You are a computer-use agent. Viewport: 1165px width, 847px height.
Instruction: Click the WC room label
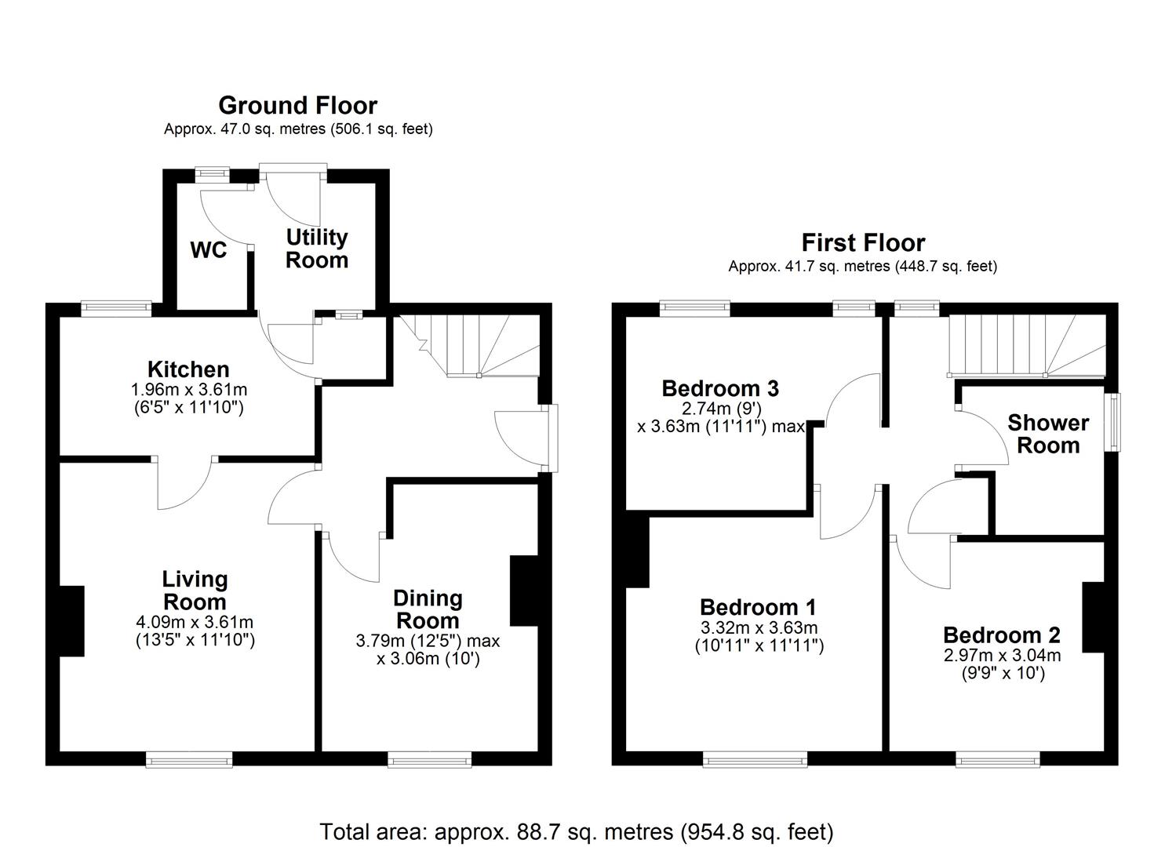coord(209,250)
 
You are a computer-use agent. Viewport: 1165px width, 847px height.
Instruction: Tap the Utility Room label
coord(316,248)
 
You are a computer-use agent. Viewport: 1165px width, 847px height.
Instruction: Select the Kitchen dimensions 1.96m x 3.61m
coord(188,390)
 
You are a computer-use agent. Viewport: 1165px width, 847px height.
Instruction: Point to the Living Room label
coord(195,591)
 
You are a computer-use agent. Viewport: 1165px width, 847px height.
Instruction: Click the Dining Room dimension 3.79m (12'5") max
coord(428,641)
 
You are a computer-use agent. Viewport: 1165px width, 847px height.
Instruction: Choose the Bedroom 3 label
coord(719,388)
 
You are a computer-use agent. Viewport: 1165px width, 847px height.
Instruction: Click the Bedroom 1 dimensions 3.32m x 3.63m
coord(758,628)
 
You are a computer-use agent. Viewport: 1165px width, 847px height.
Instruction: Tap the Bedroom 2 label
coord(1001,634)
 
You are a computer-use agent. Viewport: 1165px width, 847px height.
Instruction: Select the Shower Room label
coord(1048,434)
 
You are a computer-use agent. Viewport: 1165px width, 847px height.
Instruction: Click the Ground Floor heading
coord(297,105)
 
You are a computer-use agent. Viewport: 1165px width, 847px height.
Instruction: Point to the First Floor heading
coord(862,242)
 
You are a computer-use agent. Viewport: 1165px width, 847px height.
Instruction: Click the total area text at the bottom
coord(576,831)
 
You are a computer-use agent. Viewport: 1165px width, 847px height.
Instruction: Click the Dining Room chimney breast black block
coord(523,591)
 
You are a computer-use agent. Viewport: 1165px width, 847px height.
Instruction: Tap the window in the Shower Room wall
coord(1112,422)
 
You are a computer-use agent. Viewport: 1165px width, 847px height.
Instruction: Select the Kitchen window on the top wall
coord(117,309)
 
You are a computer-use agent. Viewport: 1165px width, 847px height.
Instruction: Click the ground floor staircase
coord(471,345)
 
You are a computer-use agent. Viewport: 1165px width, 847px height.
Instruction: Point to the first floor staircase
coord(1028,346)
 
